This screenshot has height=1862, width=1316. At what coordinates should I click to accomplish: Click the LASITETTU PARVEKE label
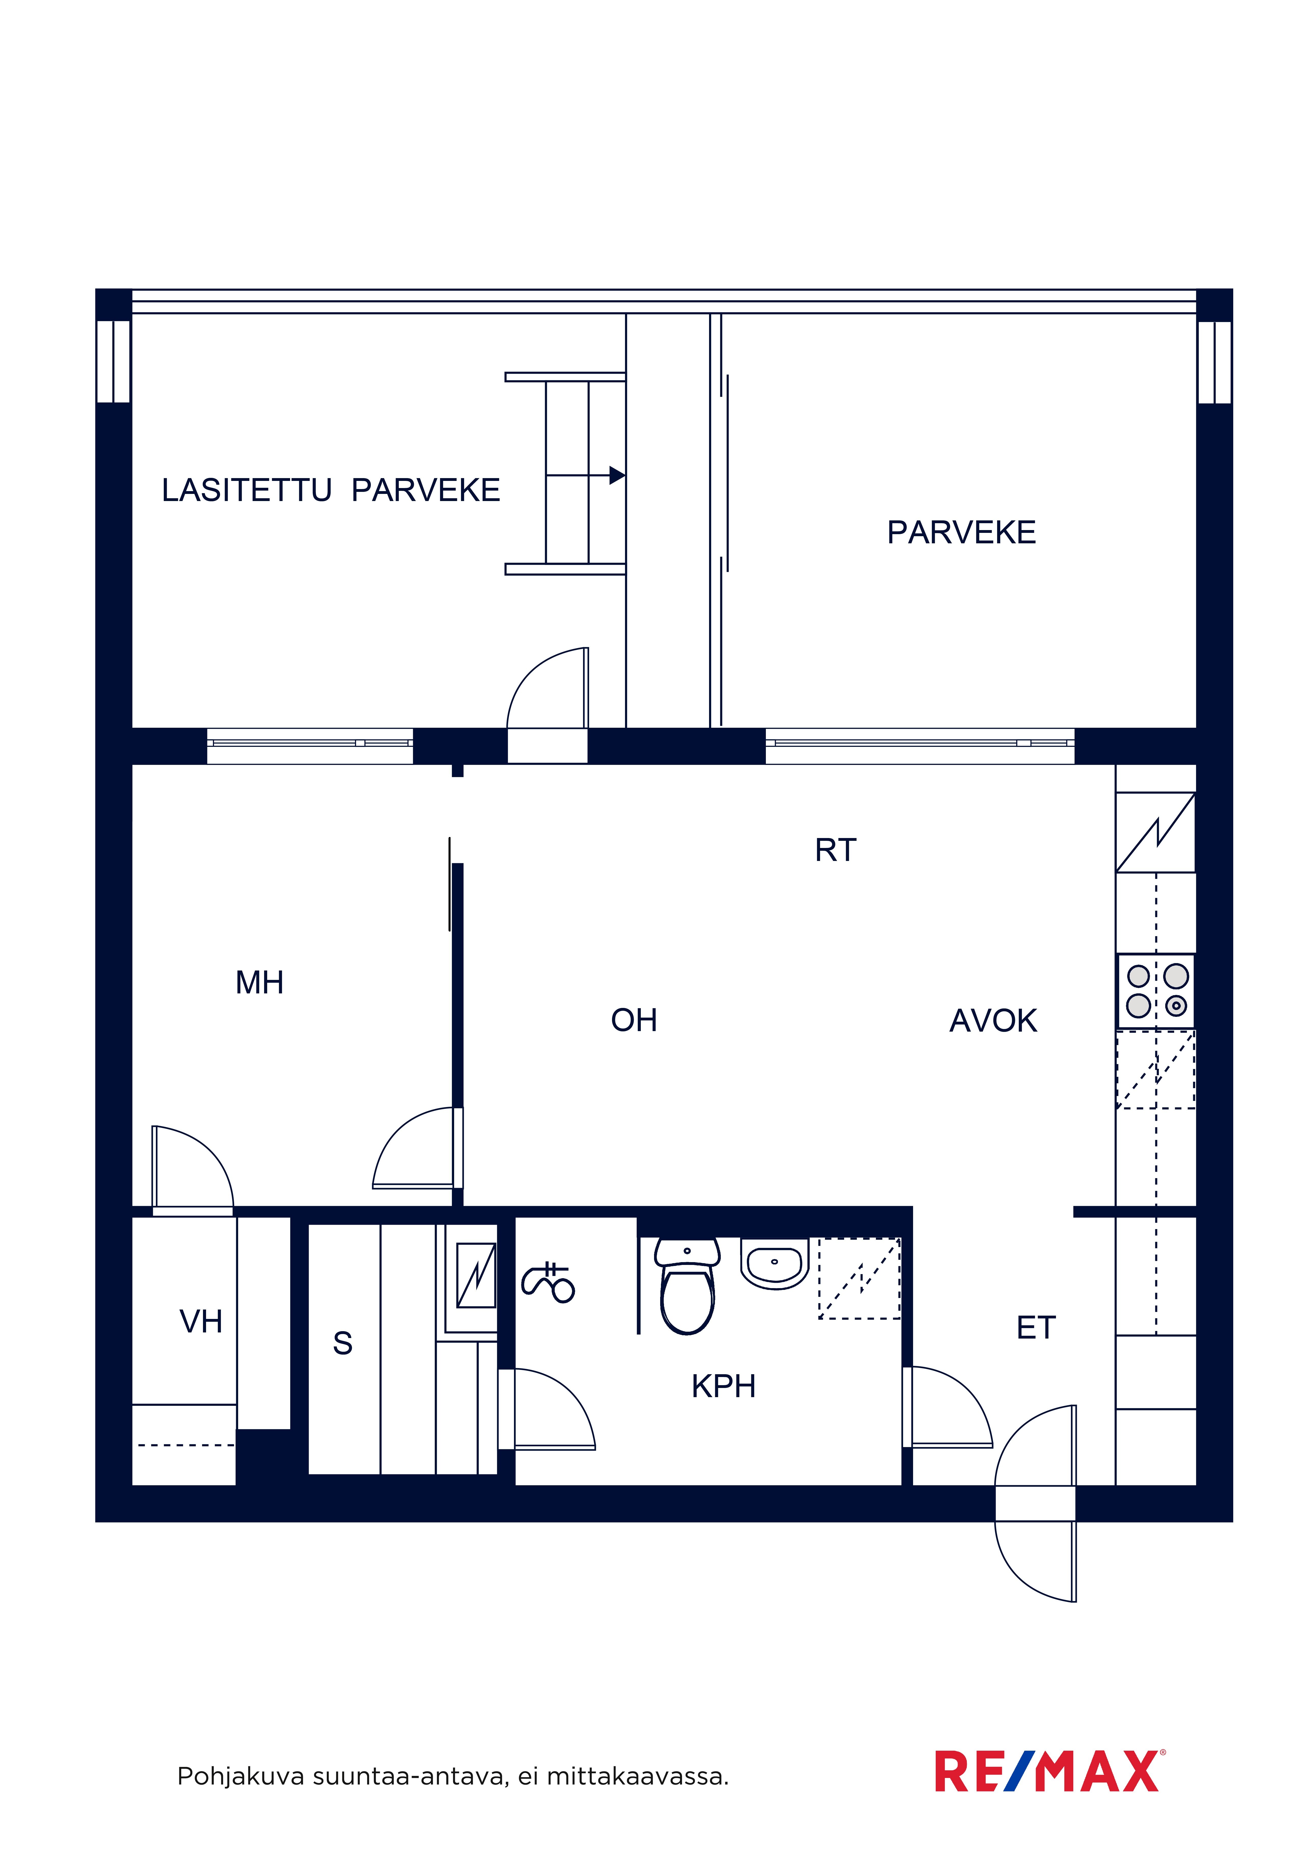click(331, 491)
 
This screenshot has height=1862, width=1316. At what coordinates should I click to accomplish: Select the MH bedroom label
click(260, 983)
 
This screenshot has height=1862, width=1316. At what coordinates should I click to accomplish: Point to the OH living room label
click(634, 1020)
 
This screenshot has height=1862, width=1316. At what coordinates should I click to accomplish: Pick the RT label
click(835, 850)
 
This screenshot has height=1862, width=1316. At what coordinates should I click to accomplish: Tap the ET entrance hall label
click(1036, 1328)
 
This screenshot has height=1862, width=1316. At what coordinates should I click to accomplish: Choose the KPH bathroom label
click(723, 1386)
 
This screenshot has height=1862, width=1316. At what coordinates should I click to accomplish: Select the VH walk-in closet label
click(201, 1322)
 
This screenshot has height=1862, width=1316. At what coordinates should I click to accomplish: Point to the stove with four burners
click(1156, 991)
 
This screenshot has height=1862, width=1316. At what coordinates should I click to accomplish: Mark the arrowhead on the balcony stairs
click(617, 475)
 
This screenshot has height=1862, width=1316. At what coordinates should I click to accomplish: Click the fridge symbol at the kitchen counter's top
click(1156, 832)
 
